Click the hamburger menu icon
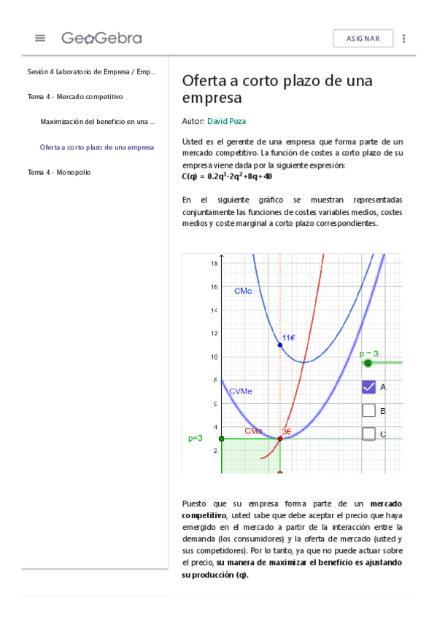[40, 38]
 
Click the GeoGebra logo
[101, 38]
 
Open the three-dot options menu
[404, 39]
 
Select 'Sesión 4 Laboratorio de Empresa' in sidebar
[91, 71]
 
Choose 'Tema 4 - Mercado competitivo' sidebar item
[75, 96]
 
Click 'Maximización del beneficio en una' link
[97, 122]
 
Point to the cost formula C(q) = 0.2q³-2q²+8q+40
[227, 176]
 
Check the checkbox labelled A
[368, 387]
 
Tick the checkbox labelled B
[368, 410]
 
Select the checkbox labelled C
[368, 434]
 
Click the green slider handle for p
[368, 363]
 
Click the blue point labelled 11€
[279, 345]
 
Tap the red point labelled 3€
[279, 438]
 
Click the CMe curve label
[243, 291]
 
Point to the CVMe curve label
[241, 391]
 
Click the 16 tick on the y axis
[214, 286]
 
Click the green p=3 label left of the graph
[195, 438]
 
